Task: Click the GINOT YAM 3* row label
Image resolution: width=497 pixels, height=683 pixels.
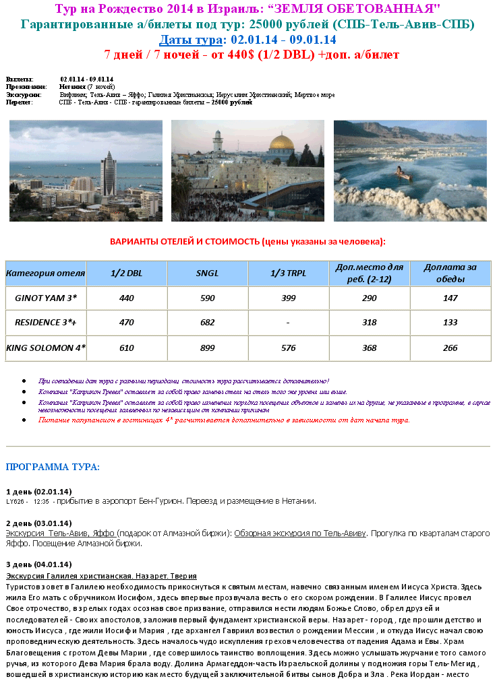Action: coord(46,297)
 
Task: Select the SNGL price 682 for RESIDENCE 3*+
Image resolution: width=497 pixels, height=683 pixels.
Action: coord(207,323)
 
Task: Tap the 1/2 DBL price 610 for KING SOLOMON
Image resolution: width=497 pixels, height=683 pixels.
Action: coord(127,348)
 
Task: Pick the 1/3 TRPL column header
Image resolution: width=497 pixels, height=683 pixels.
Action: coord(288,273)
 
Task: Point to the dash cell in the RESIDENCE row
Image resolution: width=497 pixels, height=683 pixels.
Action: coord(288,323)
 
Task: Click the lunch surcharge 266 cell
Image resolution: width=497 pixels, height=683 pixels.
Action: coord(450,348)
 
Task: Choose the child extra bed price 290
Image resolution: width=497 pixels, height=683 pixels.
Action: coord(369,297)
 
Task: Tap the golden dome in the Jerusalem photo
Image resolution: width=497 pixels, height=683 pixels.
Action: coord(281,143)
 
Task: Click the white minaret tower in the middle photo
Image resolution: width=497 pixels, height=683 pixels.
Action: coord(218,141)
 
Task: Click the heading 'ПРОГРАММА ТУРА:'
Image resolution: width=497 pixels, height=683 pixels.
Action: coord(53,467)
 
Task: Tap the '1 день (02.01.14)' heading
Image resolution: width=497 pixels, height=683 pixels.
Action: coord(38,491)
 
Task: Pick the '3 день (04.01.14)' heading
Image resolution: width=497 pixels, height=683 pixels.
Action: coord(38,564)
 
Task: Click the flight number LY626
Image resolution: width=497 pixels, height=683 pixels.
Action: coord(16,502)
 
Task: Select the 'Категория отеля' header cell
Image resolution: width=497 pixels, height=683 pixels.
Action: coord(46,273)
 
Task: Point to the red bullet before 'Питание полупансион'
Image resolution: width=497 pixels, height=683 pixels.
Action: coord(24,420)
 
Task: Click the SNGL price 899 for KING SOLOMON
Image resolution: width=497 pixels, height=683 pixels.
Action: coord(207,348)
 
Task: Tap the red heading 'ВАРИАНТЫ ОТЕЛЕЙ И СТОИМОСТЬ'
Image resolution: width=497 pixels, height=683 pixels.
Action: coord(247,242)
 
